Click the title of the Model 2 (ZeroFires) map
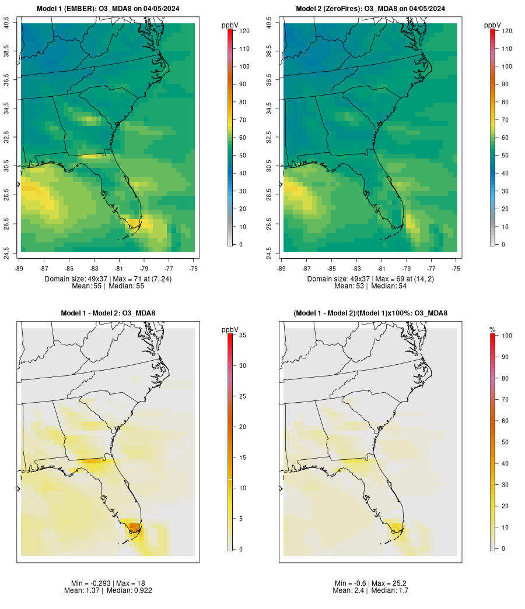pos(370,9)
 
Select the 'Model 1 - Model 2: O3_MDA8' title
pos(108,314)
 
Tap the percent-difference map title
pos(370,314)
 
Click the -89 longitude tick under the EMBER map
pos(21,269)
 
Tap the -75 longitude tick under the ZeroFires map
pos(456,269)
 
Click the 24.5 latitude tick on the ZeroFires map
pos(269,251)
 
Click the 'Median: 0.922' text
pos(129,590)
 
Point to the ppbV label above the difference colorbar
pos(230,330)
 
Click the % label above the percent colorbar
pos(492,330)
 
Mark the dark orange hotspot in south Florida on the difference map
pos(134,526)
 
